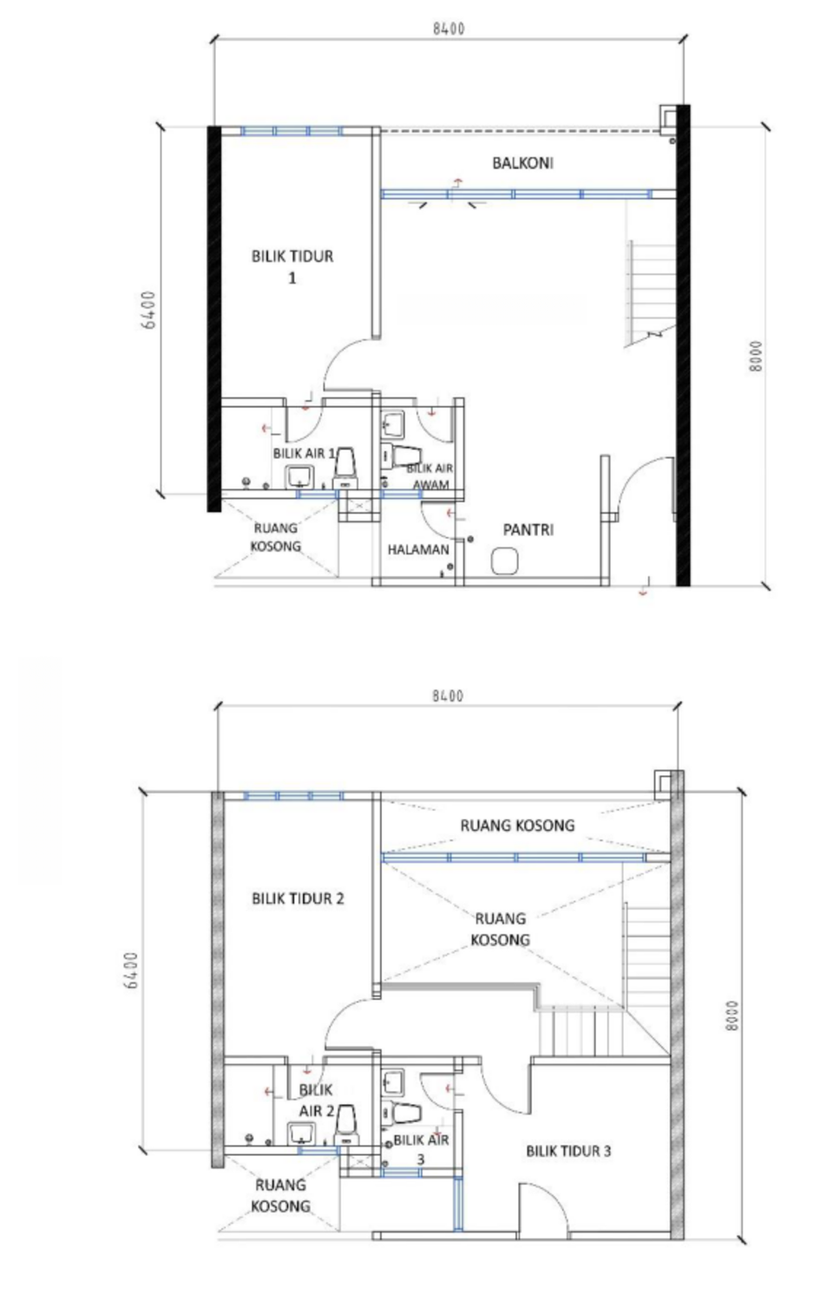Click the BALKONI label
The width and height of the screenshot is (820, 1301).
pyautogui.click(x=522, y=163)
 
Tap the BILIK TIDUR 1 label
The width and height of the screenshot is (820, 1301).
pyautogui.click(x=292, y=266)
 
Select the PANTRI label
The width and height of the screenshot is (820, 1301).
pyautogui.click(x=528, y=530)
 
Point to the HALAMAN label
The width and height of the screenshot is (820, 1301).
pyautogui.click(x=418, y=549)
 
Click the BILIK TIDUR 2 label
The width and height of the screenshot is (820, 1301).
pyautogui.click(x=298, y=899)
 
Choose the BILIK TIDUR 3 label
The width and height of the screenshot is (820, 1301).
pyautogui.click(x=568, y=1151)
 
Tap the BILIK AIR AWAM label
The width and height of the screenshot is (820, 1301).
pyautogui.click(x=430, y=476)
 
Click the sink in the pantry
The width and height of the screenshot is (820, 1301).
pyautogui.click(x=504, y=562)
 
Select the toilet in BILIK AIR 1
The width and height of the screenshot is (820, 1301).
pyautogui.click(x=345, y=467)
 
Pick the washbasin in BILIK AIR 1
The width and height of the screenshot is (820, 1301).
pyautogui.click(x=300, y=477)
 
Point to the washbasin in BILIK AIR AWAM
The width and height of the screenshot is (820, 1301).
pyautogui.click(x=393, y=425)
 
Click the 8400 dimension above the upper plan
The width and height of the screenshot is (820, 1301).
pyautogui.click(x=449, y=29)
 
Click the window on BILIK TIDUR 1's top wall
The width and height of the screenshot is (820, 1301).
pyautogui.click(x=292, y=131)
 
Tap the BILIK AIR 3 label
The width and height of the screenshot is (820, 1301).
pyautogui.click(x=422, y=1149)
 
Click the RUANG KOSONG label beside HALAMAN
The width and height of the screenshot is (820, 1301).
pyautogui.click(x=275, y=537)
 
